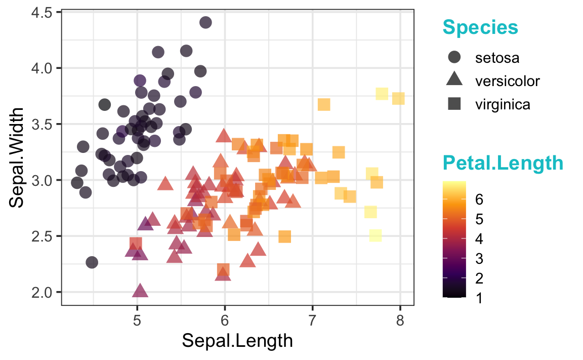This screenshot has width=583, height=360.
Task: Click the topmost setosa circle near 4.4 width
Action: coord(205,22)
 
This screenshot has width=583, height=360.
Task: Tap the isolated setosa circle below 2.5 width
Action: coord(92,262)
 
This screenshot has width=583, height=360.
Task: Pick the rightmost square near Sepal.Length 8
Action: coord(398,98)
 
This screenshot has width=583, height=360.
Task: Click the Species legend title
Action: coord(480,27)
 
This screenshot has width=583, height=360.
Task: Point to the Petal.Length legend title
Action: coord(503,163)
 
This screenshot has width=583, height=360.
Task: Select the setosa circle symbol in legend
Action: coord(454,58)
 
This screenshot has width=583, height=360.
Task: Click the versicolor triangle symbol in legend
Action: coord(454,80)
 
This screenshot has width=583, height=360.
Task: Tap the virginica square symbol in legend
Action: coord(454,104)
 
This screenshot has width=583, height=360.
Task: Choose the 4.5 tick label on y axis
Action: coord(41,12)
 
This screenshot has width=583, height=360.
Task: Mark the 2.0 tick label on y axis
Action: coord(41,292)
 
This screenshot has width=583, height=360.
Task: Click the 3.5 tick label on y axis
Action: coord(41,124)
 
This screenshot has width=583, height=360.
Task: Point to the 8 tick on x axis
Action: coord(400,321)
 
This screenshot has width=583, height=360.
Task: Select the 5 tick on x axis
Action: coord(137,321)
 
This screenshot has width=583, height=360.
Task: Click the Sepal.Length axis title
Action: coord(237,341)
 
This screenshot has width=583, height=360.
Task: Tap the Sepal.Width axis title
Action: coord(17,157)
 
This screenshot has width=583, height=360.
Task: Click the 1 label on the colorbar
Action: coord(479,298)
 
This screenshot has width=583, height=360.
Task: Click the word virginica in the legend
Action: coord(495,104)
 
